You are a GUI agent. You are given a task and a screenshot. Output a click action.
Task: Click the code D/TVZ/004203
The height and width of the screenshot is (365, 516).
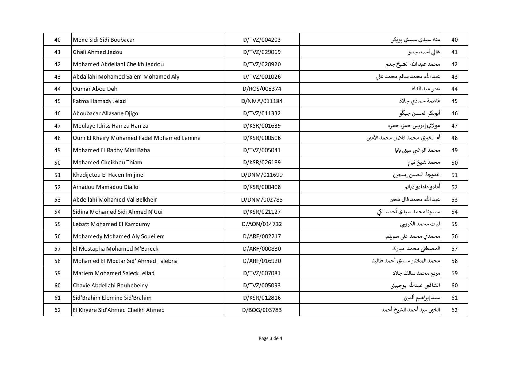[x=262, y=40]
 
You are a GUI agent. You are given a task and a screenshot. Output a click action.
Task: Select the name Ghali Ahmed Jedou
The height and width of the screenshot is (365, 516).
[x=98, y=52]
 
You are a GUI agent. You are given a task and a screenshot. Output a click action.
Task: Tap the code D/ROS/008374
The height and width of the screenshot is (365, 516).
[x=262, y=89]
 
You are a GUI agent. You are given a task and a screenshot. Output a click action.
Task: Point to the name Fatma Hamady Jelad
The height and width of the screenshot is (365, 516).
[x=99, y=101]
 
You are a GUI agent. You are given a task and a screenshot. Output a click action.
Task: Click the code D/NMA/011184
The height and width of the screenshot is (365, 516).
[x=262, y=101]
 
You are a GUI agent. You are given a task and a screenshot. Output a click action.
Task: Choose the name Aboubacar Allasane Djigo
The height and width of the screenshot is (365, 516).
[x=106, y=113]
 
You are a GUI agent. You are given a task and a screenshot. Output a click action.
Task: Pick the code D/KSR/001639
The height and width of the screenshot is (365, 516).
[x=262, y=126]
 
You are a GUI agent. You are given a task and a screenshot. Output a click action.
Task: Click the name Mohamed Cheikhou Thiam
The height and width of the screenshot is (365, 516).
[x=107, y=163]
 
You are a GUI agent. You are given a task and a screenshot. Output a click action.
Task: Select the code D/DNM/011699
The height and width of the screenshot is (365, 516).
[x=262, y=175]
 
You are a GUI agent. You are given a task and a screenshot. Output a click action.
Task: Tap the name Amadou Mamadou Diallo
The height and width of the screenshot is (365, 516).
[x=106, y=187]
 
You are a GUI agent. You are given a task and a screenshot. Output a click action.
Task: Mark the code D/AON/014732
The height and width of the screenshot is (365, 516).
[x=262, y=224]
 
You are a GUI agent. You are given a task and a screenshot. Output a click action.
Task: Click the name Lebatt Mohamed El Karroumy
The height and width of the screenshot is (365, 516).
[x=111, y=224]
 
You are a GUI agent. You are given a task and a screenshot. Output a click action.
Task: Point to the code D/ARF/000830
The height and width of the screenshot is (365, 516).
[x=262, y=249]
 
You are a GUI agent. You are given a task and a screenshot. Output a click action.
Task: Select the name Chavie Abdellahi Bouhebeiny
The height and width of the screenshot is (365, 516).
[x=110, y=286]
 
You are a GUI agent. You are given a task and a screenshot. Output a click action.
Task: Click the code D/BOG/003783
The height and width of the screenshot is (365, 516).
[x=262, y=310]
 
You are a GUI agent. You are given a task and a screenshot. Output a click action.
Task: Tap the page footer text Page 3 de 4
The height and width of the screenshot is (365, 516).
[x=270, y=339]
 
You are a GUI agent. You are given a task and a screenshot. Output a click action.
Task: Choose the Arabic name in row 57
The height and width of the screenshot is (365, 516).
[x=416, y=249]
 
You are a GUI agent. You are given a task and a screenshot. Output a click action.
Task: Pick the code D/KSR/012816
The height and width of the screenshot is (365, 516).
[x=262, y=298]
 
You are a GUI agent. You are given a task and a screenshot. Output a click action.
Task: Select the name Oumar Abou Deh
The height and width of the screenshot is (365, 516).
[x=95, y=89]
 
